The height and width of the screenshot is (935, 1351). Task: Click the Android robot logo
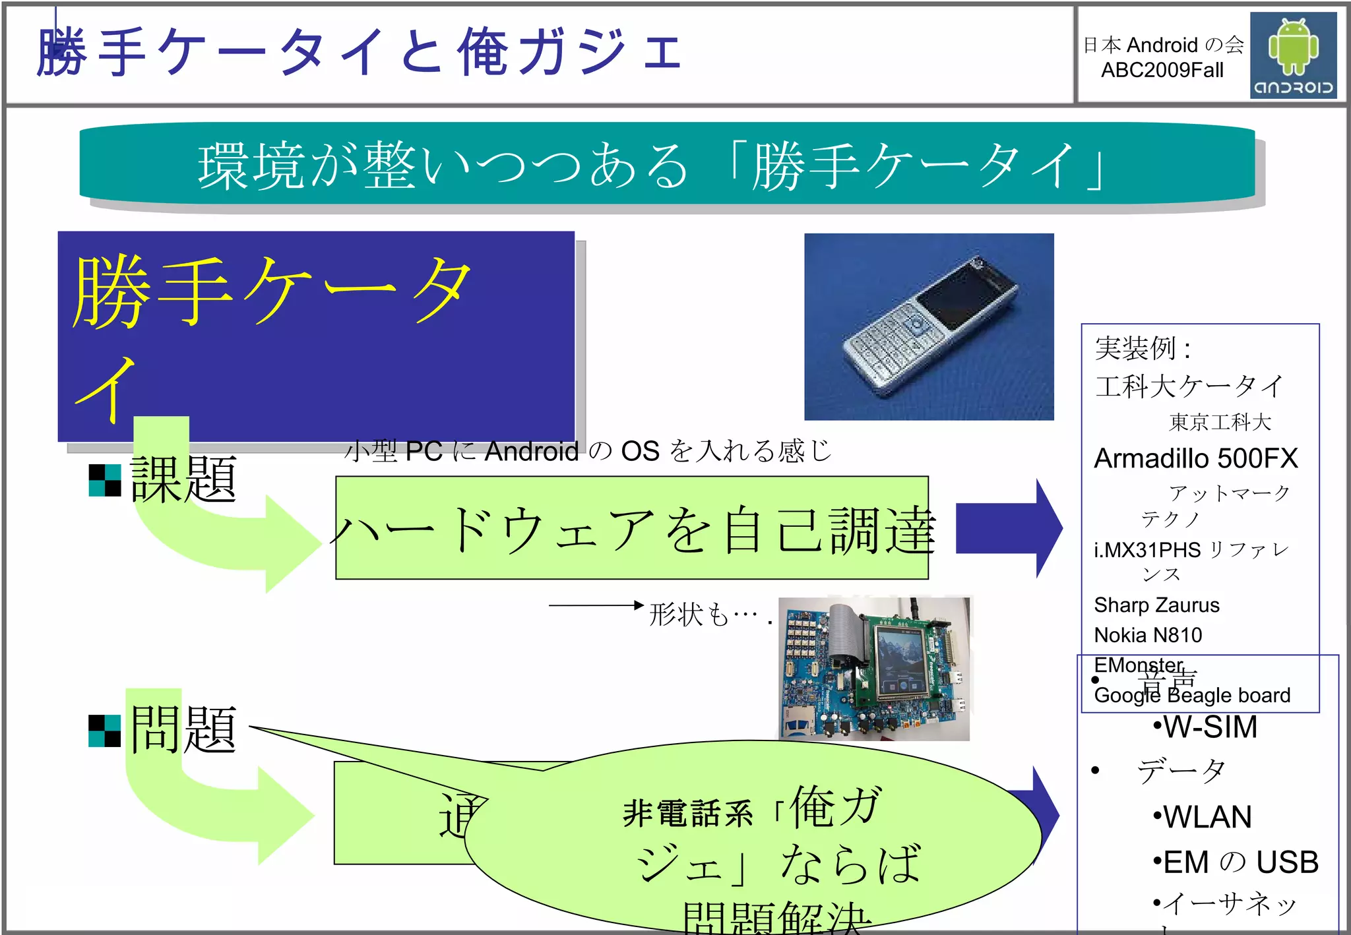[x=1293, y=55]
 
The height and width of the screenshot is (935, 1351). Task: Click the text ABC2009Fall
[x=1162, y=70]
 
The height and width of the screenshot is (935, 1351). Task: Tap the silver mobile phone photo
[x=929, y=327]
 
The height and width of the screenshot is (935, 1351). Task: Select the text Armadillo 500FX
[x=1195, y=458]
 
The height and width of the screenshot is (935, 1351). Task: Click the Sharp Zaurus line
[x=1156, y=605]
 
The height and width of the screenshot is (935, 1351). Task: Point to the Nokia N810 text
[x=1148, y=635]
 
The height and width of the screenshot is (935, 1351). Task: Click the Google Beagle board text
[x=1192, y=695]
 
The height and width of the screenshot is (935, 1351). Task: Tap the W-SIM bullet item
[x=1206, y=727]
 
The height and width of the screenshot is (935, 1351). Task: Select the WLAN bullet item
[x=1203, y=817]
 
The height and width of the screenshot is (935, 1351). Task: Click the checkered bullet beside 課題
[x=105, y=480]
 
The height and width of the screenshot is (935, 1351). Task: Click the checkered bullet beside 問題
[x=105, y=731]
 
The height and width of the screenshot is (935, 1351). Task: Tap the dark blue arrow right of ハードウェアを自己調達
[x=1008, y=528]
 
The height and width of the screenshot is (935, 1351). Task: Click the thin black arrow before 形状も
[x=595, y=605]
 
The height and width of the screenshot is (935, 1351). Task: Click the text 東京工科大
[x=1220, y=422]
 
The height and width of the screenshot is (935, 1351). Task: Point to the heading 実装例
[x=1143, y=348]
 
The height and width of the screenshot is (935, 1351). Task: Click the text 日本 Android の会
[x=1163, y=45]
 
